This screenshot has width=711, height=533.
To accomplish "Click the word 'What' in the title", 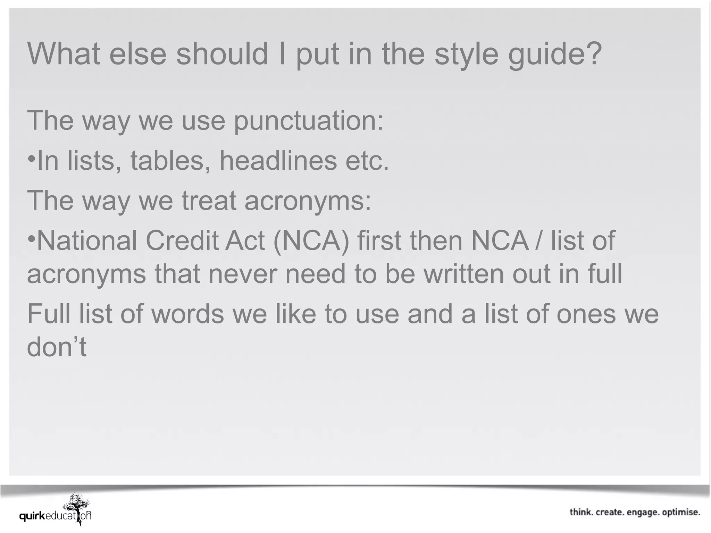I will pos(64,54).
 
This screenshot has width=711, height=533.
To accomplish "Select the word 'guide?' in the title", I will pos(555,54).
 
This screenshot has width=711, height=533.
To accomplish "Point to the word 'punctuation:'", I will pos(309,120).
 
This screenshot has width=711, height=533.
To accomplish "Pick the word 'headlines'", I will pos(278,161).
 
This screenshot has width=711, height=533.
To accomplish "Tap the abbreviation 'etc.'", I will pos(367,161).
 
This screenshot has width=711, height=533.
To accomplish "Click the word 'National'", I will pos(87,240).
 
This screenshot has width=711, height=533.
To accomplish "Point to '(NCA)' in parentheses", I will pos(311,240).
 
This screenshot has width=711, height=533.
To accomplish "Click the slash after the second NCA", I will pos(538,240).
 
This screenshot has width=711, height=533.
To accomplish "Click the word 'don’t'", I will pos(57,347).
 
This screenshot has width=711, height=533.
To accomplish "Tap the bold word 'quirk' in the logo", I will pos(32,516).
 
